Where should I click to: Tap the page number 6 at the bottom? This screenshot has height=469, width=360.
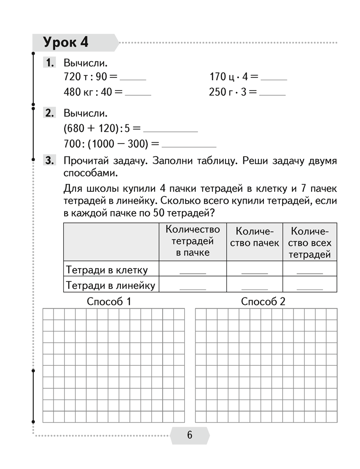coord(189,435)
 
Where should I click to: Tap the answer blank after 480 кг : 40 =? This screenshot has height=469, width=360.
coord(138,94)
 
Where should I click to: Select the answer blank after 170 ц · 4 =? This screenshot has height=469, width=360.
coord(274,79)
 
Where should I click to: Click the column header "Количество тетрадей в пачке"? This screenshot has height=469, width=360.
coord(193,241)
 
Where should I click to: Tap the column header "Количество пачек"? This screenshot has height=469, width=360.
coord(255,237)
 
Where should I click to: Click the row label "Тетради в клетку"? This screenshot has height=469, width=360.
coord(107,270)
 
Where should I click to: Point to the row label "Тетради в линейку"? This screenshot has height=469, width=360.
coord(111,285)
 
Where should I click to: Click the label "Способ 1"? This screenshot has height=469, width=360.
coord(109,302)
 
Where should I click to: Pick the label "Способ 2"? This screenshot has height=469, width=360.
coord(263,302)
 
